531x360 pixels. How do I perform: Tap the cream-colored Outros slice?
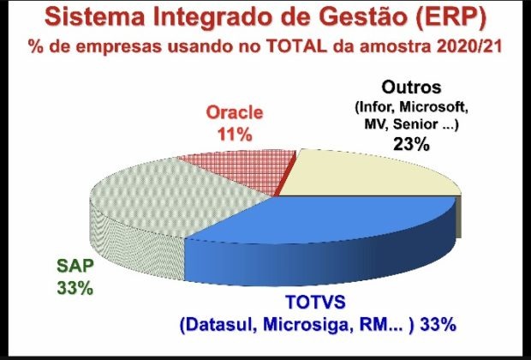coord(366,175)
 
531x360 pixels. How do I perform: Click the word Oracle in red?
coord(235,112)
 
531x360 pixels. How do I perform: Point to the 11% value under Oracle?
coord(235,135)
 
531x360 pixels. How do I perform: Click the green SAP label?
coord(75,266)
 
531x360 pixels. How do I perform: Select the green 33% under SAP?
coord(75,289)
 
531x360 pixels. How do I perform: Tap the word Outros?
coord(411,87)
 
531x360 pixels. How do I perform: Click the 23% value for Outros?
coord(411,144)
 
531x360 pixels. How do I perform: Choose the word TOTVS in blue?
coord(316,302)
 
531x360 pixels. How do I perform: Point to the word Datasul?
coord(220,325)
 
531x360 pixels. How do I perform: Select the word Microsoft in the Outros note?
coord(434,107)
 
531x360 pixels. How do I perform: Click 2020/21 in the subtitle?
coord(469,47)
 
